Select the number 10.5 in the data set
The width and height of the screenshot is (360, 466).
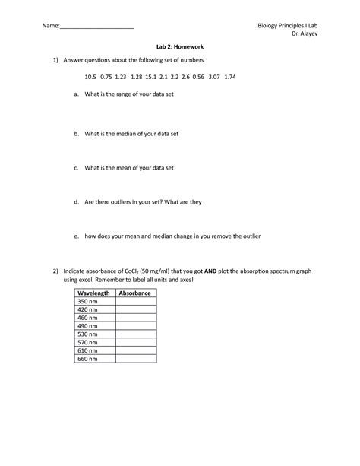point(91,77)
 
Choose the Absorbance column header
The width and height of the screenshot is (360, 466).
point(136,293)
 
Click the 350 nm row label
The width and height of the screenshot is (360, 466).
point(88,301)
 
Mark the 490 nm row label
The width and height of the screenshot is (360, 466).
point(88,325)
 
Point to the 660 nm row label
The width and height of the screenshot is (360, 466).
point(88,358)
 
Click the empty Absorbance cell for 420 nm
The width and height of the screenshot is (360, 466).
point(136,309)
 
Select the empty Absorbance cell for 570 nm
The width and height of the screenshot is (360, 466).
point(136,341)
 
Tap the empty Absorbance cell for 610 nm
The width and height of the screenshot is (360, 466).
point(136,350)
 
